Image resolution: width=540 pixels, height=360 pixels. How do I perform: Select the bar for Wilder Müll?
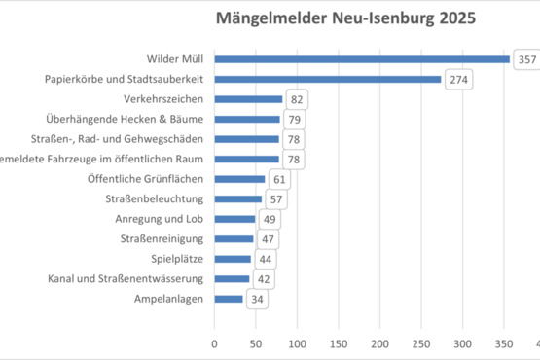coord(361,59)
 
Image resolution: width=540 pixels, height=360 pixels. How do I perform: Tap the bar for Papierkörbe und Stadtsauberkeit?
coord(327,79)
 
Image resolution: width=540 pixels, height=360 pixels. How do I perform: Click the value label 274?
coord(457,80)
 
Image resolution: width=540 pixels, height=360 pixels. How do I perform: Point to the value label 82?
coord(298,99)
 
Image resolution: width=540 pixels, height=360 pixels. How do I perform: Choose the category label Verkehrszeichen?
coord(163,99)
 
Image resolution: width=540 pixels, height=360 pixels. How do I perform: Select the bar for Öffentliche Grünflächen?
coord(239,179)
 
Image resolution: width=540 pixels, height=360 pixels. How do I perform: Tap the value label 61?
coord(280,179)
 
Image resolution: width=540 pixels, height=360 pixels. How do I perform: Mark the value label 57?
coord(276,198)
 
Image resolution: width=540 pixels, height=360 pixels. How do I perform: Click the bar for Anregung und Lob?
coord(234,219)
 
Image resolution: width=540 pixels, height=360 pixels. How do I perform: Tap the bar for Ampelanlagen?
coord(229,299)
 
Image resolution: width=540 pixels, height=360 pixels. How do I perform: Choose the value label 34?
coord(258,299)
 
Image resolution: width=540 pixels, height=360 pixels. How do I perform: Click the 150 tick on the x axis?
coord(338,342)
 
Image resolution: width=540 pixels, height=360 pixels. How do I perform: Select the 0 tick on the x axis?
coord(214,342)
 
